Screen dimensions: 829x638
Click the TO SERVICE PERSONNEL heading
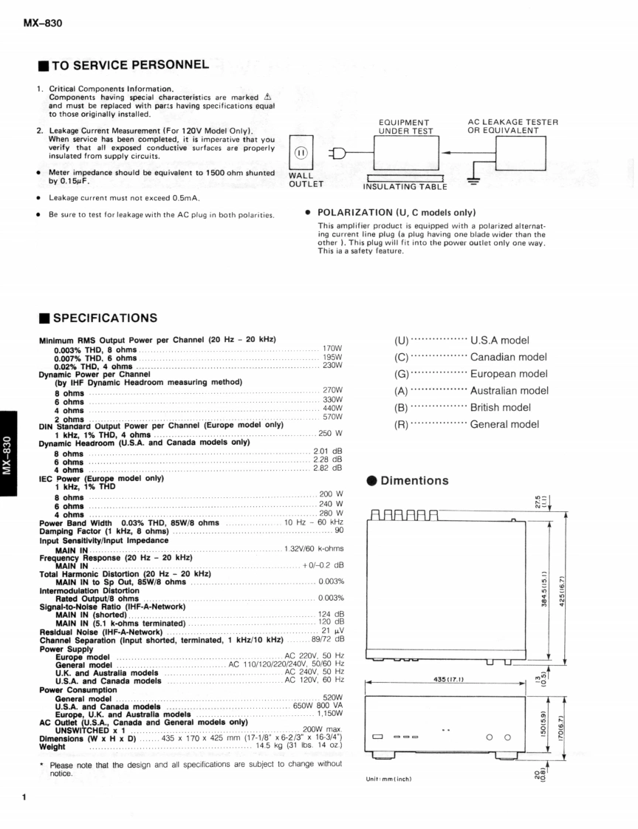129,66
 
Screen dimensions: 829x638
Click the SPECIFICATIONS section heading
104,318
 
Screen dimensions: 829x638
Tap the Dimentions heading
414,481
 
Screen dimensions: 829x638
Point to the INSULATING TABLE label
405,187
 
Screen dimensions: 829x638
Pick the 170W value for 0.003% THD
332,348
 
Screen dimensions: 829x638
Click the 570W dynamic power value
332,417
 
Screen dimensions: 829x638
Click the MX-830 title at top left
42,23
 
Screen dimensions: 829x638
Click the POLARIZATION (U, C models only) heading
396,213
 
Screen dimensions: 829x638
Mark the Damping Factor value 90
339,531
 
